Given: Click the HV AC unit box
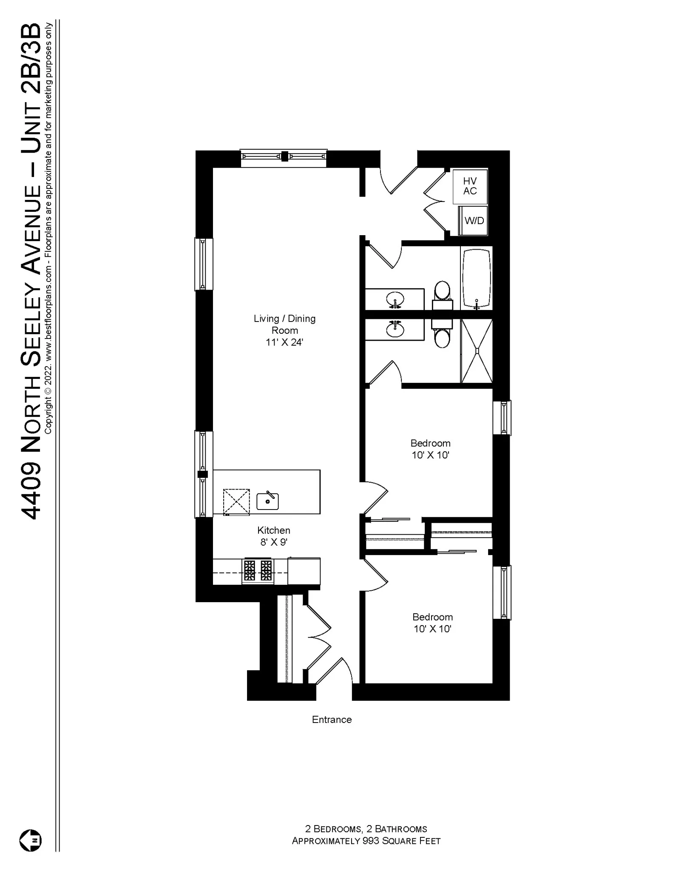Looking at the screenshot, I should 470,186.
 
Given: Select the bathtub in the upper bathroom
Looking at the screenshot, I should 477,278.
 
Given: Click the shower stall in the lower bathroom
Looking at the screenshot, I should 477,351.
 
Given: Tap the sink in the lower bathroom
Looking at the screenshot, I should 395,329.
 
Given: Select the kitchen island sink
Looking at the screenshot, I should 268,501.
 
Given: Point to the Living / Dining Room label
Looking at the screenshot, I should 284,324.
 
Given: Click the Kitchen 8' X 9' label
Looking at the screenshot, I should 274,536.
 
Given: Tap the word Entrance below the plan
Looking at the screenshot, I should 332,720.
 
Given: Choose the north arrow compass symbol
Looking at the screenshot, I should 31,841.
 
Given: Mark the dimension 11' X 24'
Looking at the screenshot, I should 284,342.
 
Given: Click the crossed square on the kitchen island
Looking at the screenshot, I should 236,502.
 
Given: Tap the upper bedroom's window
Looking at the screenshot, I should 502,418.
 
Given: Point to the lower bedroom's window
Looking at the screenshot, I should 502,592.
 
